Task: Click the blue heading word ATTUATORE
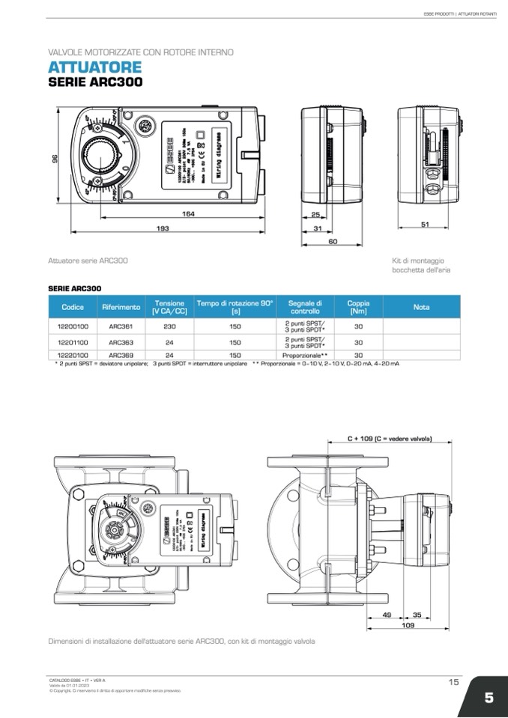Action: pos(94,67)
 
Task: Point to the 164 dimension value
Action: pos(188,214)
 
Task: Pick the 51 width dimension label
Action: pos(424,224)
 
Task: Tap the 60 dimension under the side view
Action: pos(332,241)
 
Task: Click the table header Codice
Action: pos(73,307)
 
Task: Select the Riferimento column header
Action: pos(121,307)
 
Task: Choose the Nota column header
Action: pos(421,307)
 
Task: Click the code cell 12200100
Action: pos(73,326)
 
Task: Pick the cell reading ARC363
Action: pos(121,341)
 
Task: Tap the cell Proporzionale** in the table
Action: pos(305,356)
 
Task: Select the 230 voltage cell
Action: pos(170,326)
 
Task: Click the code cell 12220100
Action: pos(73,356)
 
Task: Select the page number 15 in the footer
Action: pos(453,682)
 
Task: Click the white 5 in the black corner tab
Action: pos(488,698)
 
